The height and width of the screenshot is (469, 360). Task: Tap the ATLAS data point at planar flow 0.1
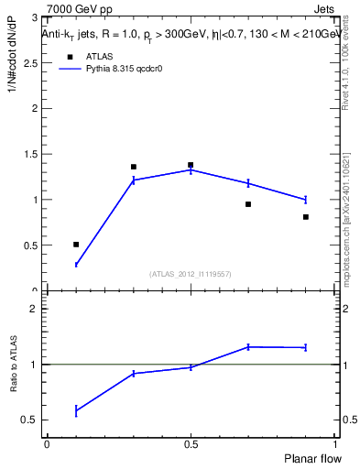[76, 245]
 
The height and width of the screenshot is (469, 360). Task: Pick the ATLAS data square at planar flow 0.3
[134, 167]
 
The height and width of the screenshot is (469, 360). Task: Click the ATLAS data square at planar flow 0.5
[191, 165]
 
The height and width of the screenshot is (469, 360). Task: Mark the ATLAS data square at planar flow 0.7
[248, 204]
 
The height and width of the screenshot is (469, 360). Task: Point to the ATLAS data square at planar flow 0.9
[305, 217]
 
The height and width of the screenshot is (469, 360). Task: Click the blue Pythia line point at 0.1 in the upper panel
[76, 265]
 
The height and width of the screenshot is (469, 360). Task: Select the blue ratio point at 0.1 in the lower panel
[76, 411]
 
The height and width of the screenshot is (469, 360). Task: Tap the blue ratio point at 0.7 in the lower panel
[248, 346]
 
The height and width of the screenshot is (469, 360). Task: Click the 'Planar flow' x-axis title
[313, 457]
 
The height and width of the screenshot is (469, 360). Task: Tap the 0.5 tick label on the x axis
[191, 444]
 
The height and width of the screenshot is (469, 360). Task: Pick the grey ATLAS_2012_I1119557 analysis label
[191, 274]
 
